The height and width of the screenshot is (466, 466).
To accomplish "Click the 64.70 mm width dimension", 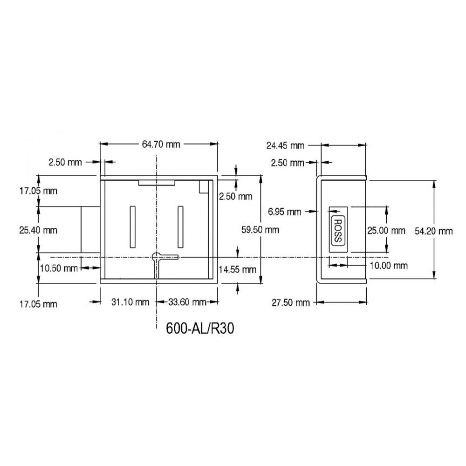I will tap(160, 144).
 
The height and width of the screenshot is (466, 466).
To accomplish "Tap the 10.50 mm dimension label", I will tap(59, 268).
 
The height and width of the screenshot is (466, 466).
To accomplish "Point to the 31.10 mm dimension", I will tap(130, 302).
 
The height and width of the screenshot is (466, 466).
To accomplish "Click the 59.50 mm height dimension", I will tap(260, 229).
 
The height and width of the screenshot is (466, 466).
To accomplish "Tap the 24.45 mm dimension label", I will tap(285, 145).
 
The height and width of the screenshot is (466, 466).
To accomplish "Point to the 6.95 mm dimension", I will tap(284, 212).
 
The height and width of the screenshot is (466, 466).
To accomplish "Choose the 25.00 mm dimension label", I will tap(386, 230).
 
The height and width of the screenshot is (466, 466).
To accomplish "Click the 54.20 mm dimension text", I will tap(433, 231).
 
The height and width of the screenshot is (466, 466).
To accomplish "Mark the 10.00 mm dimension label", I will tap(389, 266).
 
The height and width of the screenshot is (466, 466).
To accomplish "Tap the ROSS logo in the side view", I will tap(336, 229).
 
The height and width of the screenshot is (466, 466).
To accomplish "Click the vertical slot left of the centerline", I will tap(132, 226).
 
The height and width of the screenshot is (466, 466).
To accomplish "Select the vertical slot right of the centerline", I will tap(180, 226).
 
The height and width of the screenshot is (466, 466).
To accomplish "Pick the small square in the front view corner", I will tap(203, 186).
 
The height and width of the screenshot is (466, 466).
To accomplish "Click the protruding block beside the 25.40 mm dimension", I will tap(90, 230).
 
